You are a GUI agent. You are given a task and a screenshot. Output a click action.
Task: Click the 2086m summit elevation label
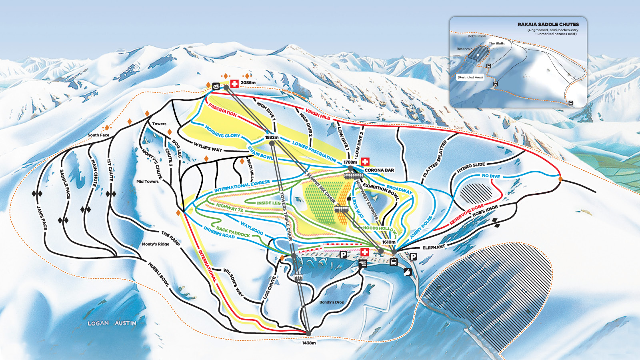tap(248, 83)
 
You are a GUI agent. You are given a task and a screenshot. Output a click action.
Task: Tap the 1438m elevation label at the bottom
tap(309, 343)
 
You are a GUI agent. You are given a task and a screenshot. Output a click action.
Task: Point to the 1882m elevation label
tap(272, 137)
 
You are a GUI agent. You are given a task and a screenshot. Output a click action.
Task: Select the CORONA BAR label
tap(379, 170)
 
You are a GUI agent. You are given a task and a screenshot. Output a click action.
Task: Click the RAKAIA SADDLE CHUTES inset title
tap(548, 24)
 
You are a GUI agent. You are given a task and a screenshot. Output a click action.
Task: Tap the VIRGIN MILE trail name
tap(318, 114)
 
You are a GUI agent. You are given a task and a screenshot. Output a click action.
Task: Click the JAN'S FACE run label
tap(42, 218)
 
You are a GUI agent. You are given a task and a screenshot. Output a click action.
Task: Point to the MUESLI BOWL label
tap(158, 274)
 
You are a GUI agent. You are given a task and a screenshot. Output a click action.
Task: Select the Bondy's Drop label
tap(332, 302)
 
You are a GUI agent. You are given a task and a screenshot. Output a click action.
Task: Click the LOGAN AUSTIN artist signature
tap(112, 323)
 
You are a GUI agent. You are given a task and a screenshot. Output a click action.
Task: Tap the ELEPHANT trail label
tap(434, 248)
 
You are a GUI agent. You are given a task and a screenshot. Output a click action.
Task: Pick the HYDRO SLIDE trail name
tap(471, 168)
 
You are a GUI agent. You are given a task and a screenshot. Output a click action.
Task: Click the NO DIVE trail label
tap(491, 176)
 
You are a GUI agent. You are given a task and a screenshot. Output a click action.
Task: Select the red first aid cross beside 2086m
tap(234, 84)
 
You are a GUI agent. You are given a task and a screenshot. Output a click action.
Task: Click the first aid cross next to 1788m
tap(365, 161)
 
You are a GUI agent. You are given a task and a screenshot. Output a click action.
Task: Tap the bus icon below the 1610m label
tap(394, 262)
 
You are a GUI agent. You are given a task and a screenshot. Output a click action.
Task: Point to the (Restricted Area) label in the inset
tap(470, 77)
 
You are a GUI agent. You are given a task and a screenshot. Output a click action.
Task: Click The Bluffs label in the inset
tap(497, 43)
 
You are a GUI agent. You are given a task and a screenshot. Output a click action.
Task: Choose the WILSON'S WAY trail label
tap(233, 282)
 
